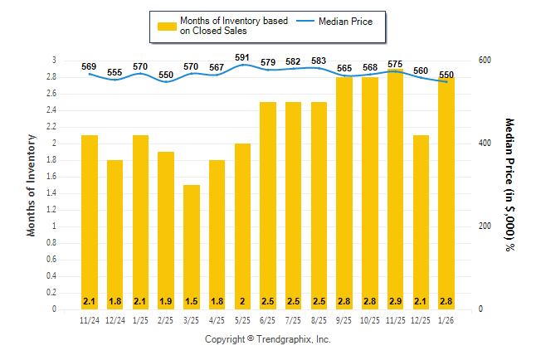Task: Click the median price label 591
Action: click(x=242, y=57)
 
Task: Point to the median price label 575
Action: click(x=396, y=64)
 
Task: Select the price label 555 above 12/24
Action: click(x=115, y=72)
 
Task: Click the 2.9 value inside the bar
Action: click(x=396, y=299)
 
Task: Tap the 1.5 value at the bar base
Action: click(x=192, y=299)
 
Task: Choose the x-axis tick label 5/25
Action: click(x=242, y=320)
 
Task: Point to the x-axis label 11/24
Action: click(x=90, y=320)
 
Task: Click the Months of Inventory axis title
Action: click(x=32, y=184)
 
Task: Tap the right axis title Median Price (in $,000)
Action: click(x=510, y=184)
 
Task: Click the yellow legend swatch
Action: click(x=167, y=26)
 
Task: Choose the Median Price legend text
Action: click(x=345, y=21)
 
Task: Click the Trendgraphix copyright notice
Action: click(x=267, y=339)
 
